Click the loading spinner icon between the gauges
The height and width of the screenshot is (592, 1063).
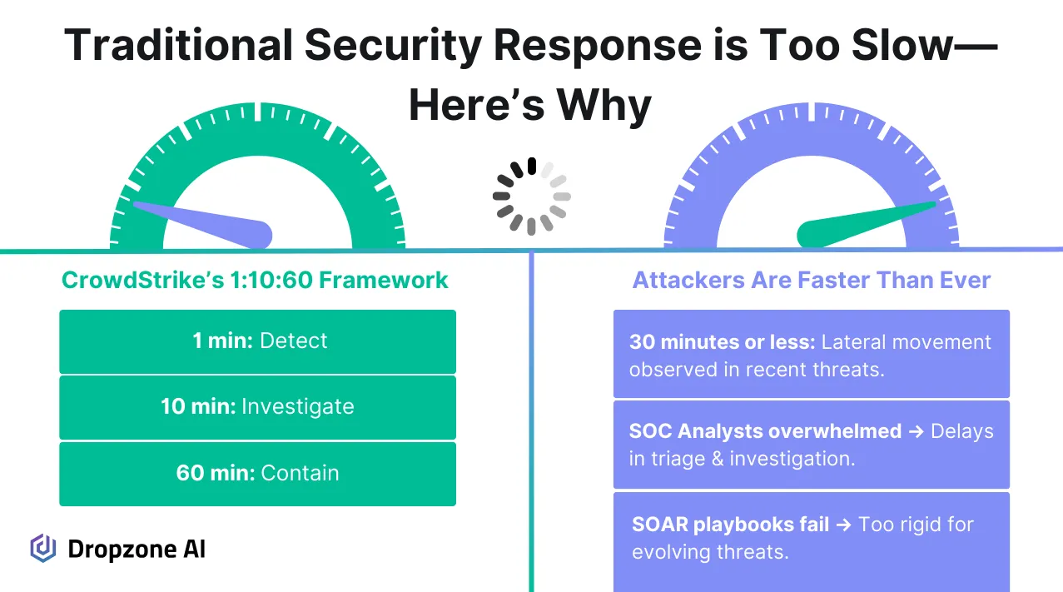(531, 197)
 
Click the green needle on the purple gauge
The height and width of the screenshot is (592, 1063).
(866, 222)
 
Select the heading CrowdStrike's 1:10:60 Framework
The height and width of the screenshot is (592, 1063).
(255, 280)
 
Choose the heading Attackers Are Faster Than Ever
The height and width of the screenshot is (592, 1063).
(812, 280)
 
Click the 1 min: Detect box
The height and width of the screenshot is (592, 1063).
(257, 341)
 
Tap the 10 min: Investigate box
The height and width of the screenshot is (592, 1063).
(257, 407)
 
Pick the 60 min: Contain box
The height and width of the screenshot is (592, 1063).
(257, 473)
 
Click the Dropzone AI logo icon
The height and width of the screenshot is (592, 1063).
(42, 548)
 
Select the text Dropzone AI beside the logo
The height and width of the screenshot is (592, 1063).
(136, 549)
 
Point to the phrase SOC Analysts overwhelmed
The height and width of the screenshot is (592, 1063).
(765, 431)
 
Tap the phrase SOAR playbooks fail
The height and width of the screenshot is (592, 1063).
(730, 525)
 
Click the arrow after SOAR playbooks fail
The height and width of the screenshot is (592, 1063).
(843, 525)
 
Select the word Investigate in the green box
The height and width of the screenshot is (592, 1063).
(297, 407)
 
